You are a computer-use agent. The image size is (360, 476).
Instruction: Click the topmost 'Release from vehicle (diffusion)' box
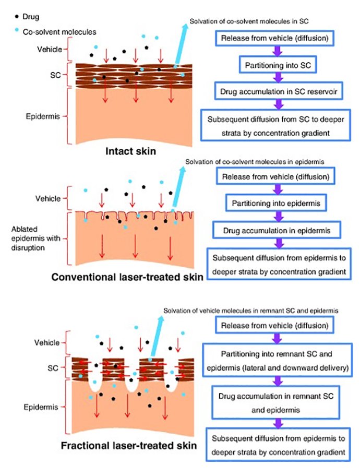tap(274, 39)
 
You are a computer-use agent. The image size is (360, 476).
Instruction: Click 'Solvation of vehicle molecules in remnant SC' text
tap(250, 311)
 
